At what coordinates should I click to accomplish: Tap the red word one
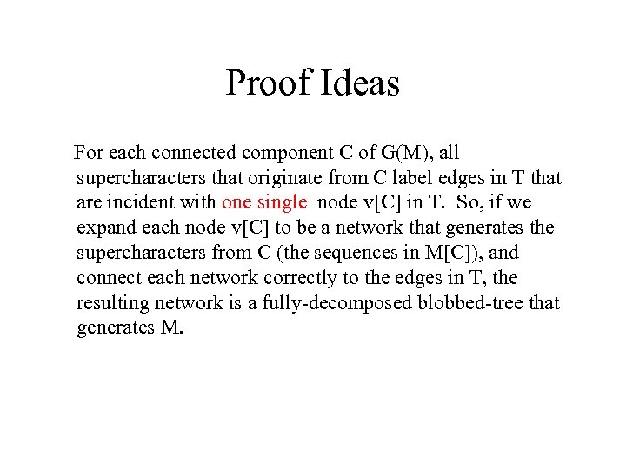(237, 203)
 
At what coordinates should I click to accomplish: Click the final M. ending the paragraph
(171, 329)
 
